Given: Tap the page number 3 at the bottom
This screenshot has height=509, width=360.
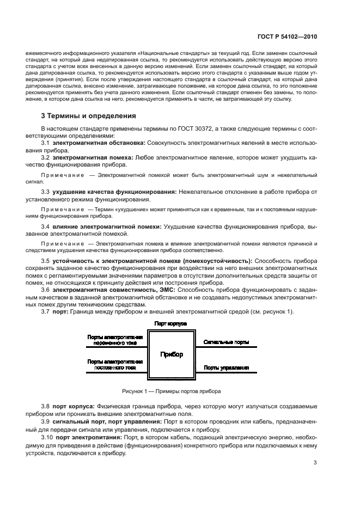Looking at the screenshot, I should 315,463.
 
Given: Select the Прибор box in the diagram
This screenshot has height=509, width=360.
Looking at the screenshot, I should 172,354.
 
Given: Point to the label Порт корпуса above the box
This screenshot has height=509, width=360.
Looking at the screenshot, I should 170,324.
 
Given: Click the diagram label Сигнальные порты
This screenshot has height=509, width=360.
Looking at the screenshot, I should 227,342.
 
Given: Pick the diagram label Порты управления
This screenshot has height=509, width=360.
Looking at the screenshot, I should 227,367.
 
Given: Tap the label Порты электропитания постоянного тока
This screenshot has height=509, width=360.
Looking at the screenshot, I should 115,364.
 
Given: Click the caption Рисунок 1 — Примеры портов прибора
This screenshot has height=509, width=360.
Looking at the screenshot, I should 172,391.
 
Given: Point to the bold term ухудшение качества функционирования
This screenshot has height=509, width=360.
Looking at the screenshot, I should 114,192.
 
